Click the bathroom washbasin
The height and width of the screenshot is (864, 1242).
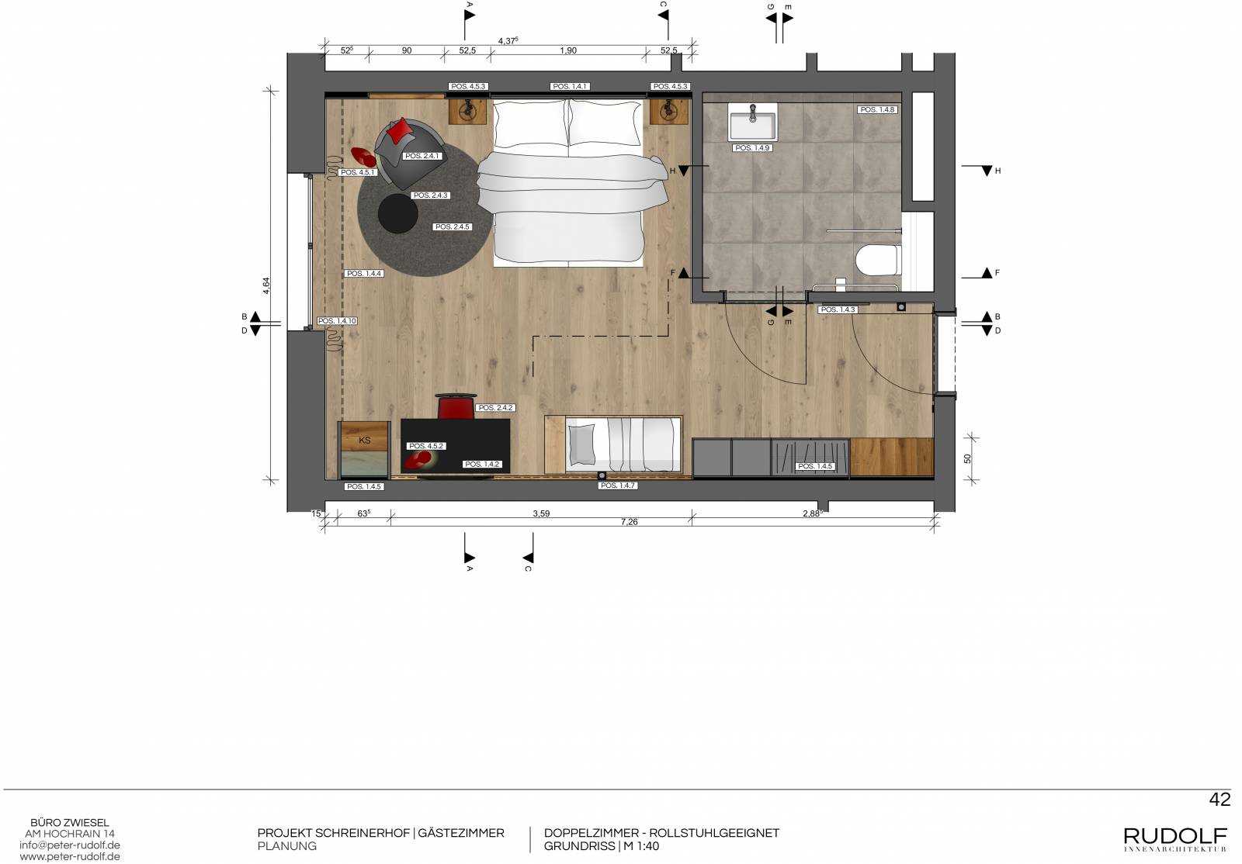[x=752, y=123]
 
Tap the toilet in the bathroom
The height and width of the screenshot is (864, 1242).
[x=878, y=261]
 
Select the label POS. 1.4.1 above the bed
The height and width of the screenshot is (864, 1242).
[x=570, y=86]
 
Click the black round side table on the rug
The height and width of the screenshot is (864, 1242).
[x=398, y=213]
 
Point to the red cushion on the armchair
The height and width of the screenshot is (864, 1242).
[x=400, y=131]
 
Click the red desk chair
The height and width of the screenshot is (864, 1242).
[x=456, y=406]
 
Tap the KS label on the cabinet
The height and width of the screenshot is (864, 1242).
[x=364, y=441]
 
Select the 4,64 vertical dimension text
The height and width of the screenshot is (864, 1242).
[x=266, y=285]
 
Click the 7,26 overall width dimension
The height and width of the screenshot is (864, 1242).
[x=630, y=522]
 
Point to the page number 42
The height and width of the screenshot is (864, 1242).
[x=1219, y=799]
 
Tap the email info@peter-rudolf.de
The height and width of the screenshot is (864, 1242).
[x=70, y=845]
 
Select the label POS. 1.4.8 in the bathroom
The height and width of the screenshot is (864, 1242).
[x=877, y=109]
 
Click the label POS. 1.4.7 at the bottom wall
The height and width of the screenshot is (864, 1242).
[x=618, y=486]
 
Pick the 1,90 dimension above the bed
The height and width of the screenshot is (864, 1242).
[x=568, y=50]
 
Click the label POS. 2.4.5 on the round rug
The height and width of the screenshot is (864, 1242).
[x=453, y=226]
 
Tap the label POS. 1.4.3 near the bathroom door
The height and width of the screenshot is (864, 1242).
[x=838, y=309]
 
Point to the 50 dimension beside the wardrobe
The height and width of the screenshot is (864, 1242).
[x=967, y=458]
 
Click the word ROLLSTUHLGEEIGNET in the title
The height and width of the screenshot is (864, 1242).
[x=714, y=833]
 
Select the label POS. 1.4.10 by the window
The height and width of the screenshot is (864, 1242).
[x=337, y=320]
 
